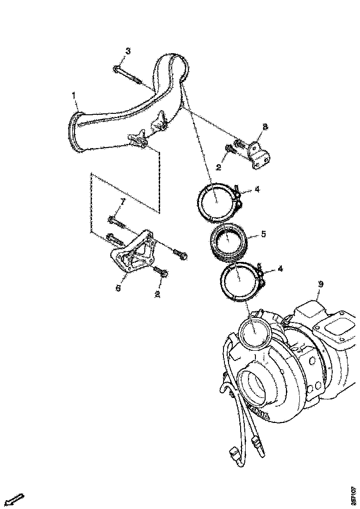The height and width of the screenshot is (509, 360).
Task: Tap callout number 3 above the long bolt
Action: coord(128,51)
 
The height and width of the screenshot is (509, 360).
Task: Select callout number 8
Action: coord(265,126)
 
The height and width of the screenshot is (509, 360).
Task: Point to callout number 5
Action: coord(263,234)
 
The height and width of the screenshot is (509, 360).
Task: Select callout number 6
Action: coord(118,288)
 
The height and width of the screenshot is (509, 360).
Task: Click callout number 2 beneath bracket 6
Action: coord(158,294)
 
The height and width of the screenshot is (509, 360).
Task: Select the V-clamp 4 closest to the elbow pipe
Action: coord(218,202)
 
